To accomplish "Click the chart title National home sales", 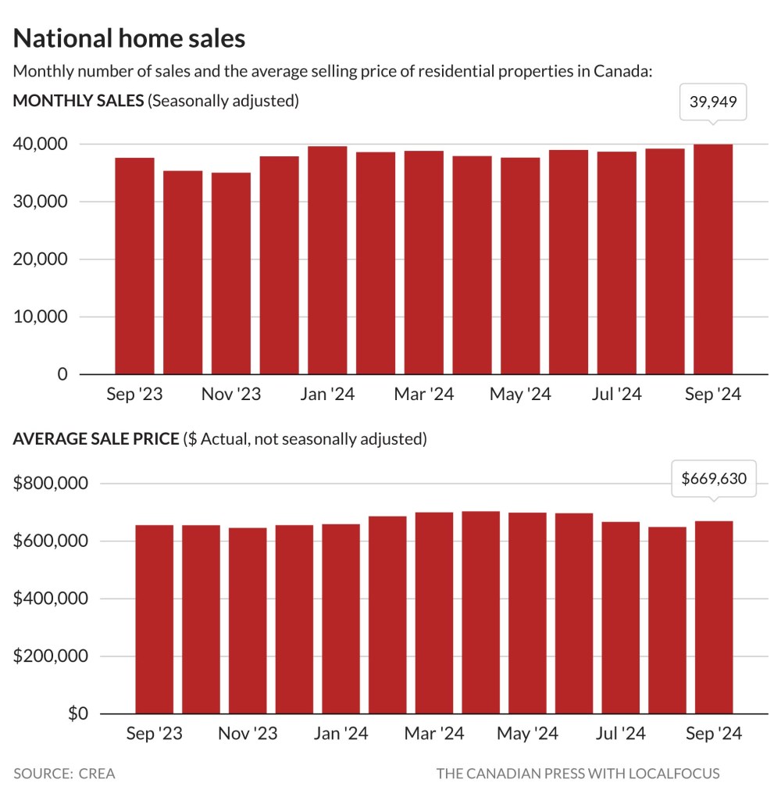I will pos(129,38).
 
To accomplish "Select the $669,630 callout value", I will pos(714,479).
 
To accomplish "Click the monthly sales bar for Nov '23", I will pos(230,274).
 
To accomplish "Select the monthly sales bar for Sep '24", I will pos(713,259).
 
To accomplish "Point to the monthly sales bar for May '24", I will pos(520,266).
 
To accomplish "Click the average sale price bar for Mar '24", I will pos(434,613).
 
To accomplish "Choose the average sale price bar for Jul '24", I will pos(621,617).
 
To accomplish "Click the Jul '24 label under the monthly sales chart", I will pos(616,395).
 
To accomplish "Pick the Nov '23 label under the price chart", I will pos(247,734).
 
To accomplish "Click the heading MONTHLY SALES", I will pos(78,101).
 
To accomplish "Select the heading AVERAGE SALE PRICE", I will pos(95,439).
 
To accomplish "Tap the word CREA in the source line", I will pos(96,774).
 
